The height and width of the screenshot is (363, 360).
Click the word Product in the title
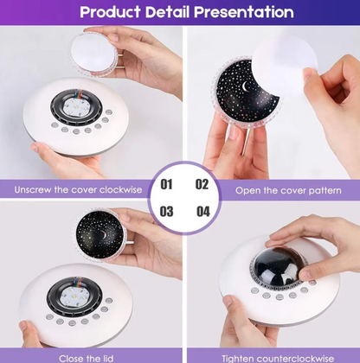(110, 12)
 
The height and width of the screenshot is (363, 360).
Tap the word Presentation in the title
(244, 12)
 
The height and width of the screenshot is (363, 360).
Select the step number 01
(166, 184)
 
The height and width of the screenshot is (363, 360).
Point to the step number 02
(202, 184)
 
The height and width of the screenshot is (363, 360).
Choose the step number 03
(166, 212)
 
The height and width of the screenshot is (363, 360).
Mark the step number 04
(203, 212)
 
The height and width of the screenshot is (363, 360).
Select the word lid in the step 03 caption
(107, 359)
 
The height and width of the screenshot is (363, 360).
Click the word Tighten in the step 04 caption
(237, 359)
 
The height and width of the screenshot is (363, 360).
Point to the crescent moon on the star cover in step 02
(246, 86)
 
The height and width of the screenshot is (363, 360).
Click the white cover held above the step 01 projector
(93, 54)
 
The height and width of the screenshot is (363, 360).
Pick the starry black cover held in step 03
(100, 235)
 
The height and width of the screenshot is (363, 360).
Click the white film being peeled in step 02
(283, 65)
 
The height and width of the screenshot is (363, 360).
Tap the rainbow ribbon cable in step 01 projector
(79, 94)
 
